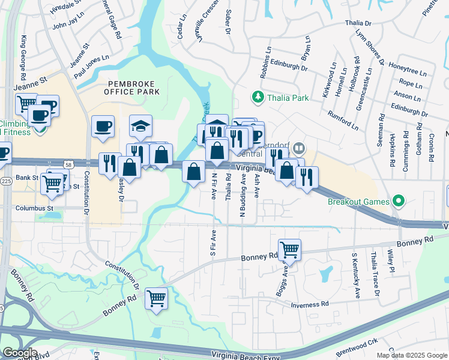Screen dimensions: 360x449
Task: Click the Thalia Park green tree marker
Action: [x=258, y=97]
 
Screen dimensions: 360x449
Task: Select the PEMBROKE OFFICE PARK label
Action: [x=131, y=88]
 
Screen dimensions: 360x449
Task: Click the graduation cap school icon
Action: [x=140, y=125]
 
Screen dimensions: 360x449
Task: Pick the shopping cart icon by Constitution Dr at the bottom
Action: [x=156, y=297]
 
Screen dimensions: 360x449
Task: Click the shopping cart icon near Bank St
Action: [x=53, y=182]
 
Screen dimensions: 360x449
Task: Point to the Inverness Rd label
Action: [x=310, y=305]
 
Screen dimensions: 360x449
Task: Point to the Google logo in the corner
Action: [x=20, y=352]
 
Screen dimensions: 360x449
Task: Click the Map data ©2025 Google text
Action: [x=411, y=355]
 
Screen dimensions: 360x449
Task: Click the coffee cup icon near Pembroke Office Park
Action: [x=103, y=126]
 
